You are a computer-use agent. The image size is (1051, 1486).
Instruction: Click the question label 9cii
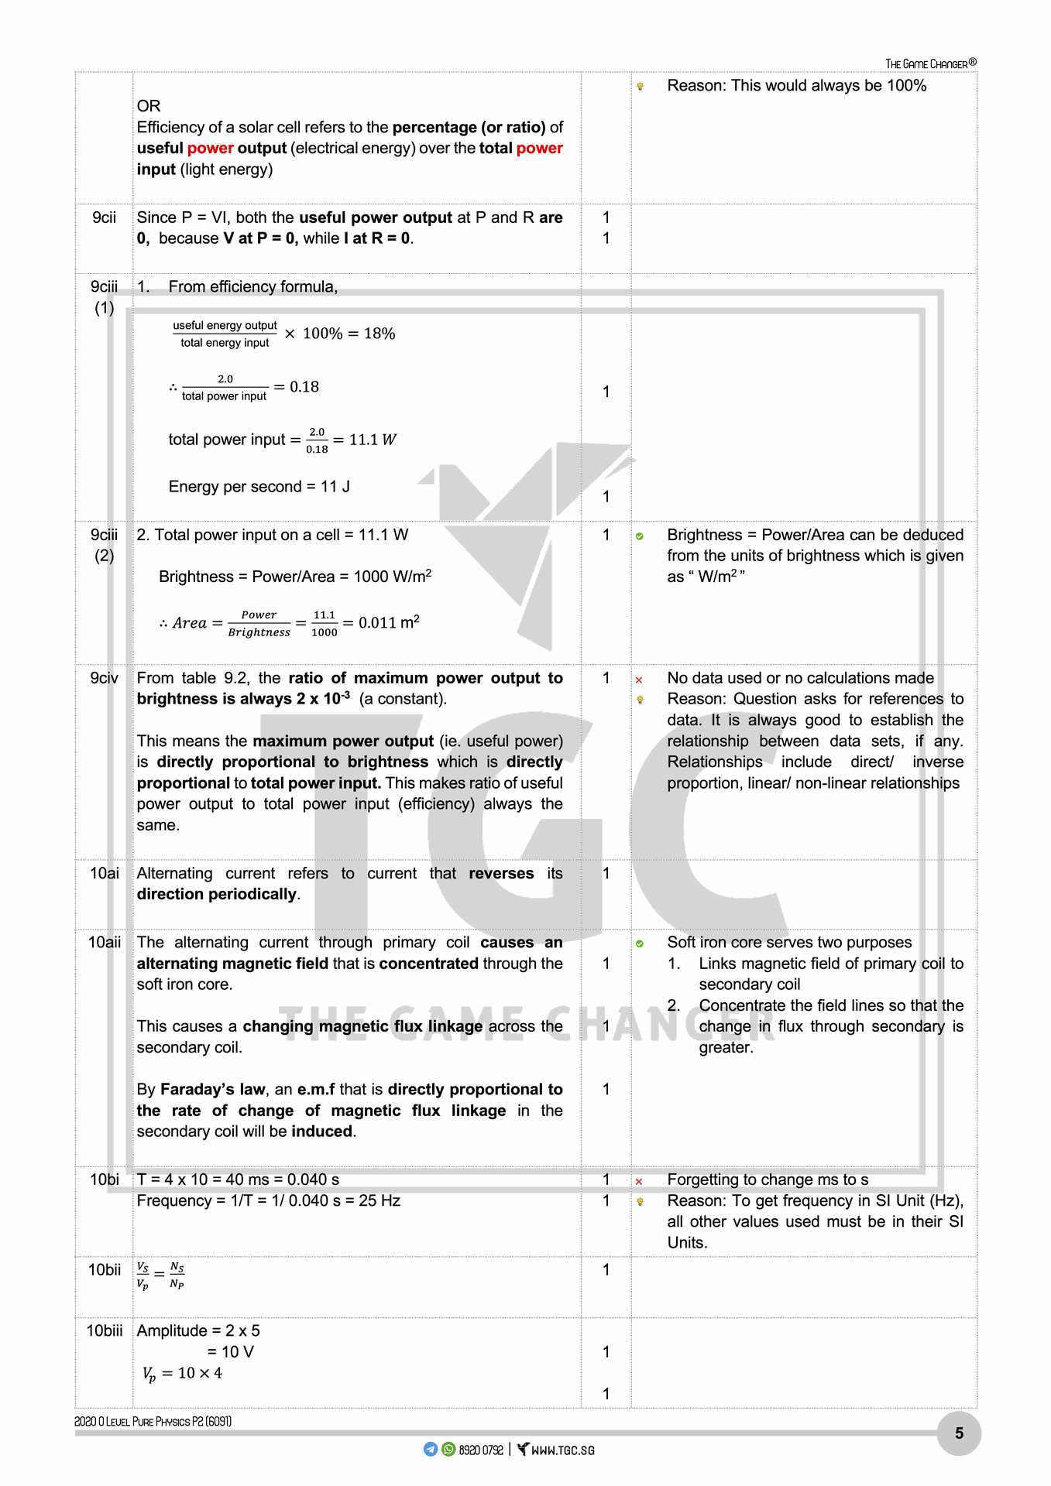[104, 217]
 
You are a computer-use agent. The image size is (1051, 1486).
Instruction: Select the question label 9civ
[104, 678]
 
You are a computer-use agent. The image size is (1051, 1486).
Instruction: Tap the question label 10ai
[104, 873]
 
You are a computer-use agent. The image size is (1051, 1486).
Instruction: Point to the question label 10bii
[104, 1269]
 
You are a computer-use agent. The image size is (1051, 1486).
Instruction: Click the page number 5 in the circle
[959, 1433]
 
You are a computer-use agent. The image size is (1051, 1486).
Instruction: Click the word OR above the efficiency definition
[149, 106]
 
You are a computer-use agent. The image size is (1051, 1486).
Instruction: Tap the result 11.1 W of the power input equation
[373, 440]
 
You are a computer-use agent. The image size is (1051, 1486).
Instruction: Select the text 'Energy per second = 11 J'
[259, 487]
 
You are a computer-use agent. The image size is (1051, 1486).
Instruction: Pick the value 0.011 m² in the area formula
[389, 622]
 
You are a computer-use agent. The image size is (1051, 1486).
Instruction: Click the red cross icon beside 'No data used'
[639, 680]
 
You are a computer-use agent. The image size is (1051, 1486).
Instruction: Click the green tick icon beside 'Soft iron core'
[640, 943]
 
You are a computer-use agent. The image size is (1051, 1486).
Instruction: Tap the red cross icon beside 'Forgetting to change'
[639, 1182]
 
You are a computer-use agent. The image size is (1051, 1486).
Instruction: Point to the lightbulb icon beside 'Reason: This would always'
[641, 87]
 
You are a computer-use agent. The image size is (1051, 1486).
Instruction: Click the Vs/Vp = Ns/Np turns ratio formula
[160, 1275]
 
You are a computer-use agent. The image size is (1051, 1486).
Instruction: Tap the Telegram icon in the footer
[431, 1450]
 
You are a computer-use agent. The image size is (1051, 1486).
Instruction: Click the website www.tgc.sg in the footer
[562, 1450]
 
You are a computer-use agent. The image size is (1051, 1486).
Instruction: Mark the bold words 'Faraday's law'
[212, 1090]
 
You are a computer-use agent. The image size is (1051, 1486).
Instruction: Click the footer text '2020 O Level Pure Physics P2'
[153, 1421]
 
